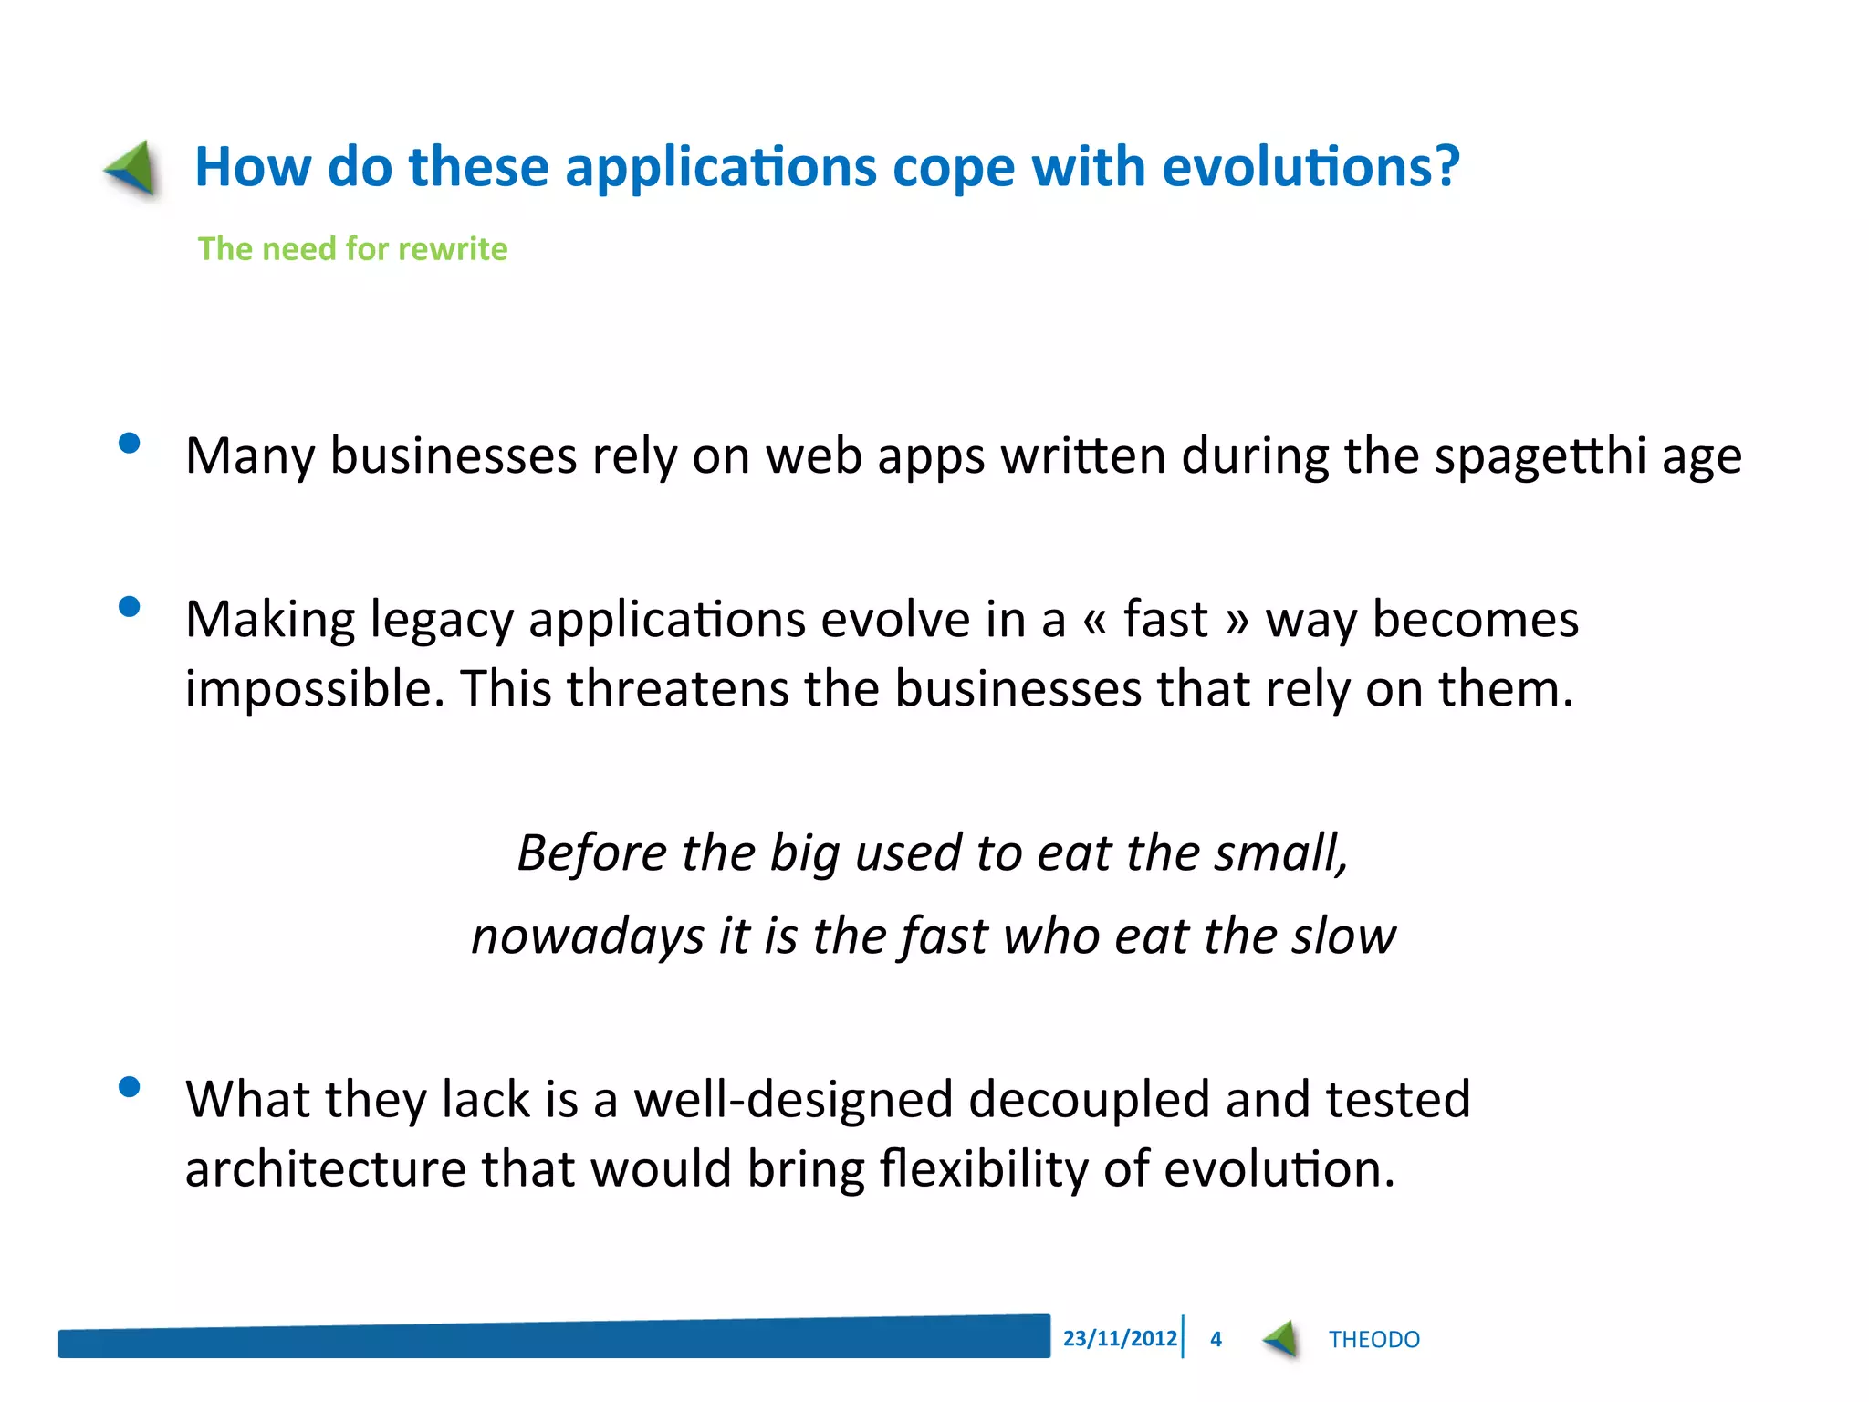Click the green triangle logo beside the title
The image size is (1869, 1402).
click(133, 169)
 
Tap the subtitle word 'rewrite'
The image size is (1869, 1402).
click(453, 249)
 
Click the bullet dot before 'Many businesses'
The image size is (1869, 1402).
click(130, 444)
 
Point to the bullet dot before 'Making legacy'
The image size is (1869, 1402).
click(130, 607)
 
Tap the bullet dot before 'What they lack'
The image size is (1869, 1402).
click(130, 1086)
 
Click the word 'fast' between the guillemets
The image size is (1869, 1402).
click(1165, 619)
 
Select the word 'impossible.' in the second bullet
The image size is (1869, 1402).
click(314, 689)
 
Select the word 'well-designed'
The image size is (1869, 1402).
click(793, 1099)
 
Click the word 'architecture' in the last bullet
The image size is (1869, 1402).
click(326, 1168)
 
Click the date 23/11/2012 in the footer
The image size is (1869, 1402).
click(1120, 1338)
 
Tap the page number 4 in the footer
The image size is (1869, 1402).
click(1216, 1339)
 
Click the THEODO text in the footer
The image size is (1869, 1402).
click(1373, 1340)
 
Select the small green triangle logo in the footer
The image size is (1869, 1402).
click(1281, 1339)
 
